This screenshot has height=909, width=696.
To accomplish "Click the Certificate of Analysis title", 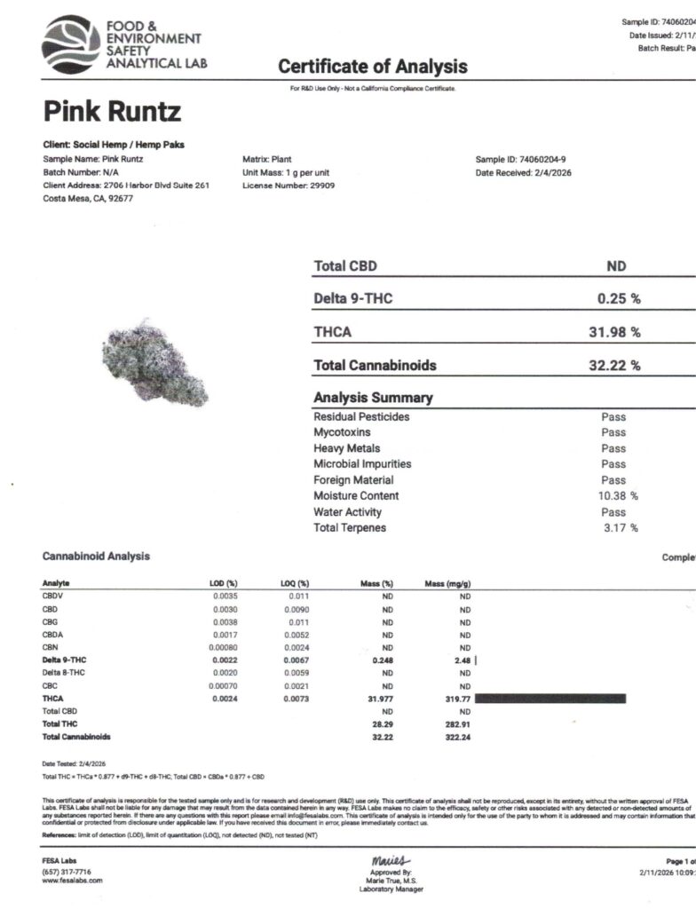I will pyautogui.click(x=372, y=67).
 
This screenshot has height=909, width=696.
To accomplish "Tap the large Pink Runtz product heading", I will pyautogui.click(x=112, y=113).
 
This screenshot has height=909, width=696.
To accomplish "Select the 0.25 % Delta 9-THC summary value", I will pyautogui.click(x=619, y=299).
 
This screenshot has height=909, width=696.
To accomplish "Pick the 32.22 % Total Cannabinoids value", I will pyautogui.click(x=614, y=365).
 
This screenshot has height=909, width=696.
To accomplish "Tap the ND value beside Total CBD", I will pyautogui.click(x=616, y=266).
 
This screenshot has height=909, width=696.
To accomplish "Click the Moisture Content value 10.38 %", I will pyautogui.click(x=618, y=496).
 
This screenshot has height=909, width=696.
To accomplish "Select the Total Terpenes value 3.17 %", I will pyautogui.click(x=621, y=528).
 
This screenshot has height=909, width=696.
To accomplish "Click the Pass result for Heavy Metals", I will pyautogui.click(x=613, y=448).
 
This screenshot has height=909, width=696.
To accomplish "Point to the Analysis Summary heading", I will pyautogui.click(x=373, y=398).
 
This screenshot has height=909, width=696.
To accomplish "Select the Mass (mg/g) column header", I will pyautogui.click(x=448, y=583).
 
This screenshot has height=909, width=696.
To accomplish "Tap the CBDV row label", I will pyautogui.click(x=52, y=597).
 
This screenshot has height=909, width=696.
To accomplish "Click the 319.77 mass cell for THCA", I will pyautogui.click(x=458, y=700).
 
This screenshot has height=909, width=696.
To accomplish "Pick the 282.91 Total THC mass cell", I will pyautogui.click(x=458, y=724).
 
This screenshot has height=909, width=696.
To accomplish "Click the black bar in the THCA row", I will pyautogui.click(x=550, y=700).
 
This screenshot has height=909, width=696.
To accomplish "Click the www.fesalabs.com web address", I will pyautogui.click(x=73, y=881).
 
